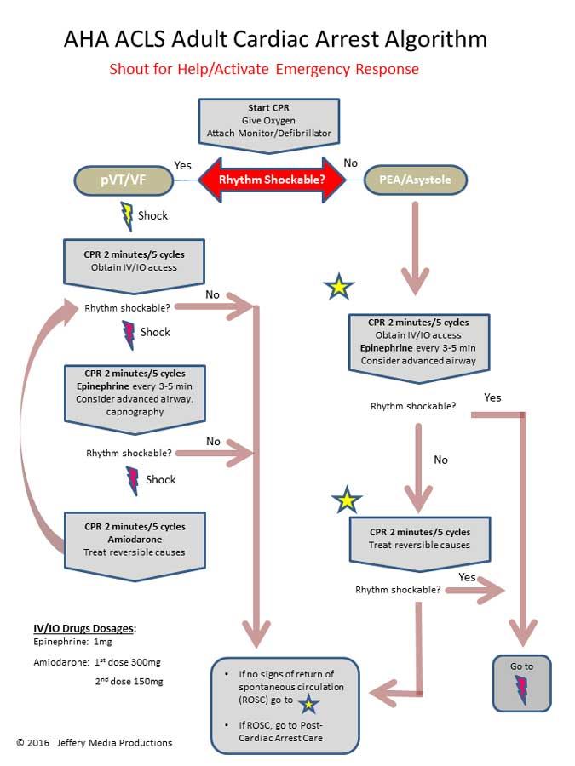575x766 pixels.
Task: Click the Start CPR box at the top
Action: (269, 124)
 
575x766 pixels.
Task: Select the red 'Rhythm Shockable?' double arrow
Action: (271, 180)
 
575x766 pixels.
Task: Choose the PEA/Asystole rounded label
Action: (418, 180)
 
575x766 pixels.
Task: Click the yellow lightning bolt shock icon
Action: (127, 215)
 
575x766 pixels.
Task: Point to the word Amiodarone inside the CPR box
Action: (134, 539)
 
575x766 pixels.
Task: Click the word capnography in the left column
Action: (135, 412)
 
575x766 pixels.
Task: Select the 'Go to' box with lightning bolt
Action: (522, 683)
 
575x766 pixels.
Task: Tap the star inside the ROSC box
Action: (308, 703)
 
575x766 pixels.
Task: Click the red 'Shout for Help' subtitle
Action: (264, 69)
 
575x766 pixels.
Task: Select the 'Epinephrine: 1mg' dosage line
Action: (66, 643)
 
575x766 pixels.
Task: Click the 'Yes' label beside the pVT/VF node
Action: (182, 164)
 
